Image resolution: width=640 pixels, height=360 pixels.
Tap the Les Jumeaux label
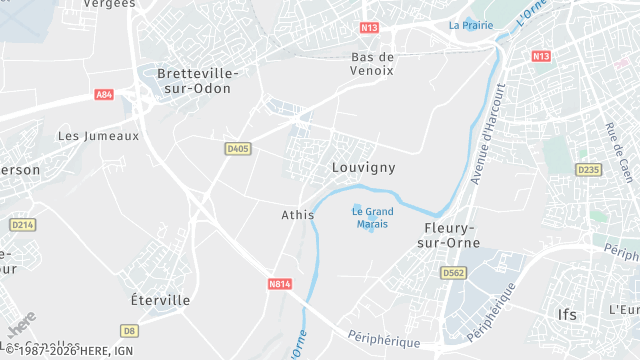click(98, 135)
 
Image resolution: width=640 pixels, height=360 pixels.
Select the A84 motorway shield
click(105, 94)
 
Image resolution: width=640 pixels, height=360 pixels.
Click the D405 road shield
click(237, 148)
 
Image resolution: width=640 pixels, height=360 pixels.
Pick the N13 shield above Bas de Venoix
click(371, 29)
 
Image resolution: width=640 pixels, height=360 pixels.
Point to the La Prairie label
click(471, 25)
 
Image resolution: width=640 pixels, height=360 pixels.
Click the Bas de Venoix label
click(372, 63)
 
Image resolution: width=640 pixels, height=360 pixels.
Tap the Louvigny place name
click(363, 168)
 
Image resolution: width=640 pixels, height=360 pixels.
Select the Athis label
click(297, 215)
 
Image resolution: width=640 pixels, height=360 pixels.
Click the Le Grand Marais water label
click(372, 217)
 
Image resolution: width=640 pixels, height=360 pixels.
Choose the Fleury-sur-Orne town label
click(448, 235)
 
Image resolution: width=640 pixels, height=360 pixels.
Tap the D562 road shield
click(454, 272)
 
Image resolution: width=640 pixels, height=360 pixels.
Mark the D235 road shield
click(589, 170)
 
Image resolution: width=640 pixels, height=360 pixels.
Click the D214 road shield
click(23, 225)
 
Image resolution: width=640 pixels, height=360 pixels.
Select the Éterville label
click(160, 300)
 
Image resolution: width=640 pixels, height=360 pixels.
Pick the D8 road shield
click(128, 330)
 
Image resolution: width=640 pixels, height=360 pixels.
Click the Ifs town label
click(567, 314)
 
